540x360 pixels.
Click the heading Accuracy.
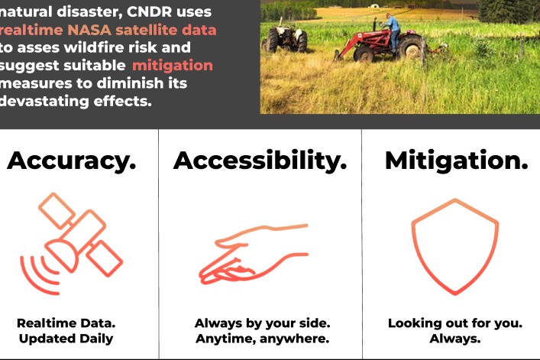click(72, 161)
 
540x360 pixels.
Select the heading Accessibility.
click(260, 161)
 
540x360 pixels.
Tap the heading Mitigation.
click(456, 161)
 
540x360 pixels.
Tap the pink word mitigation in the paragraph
click(172, 66)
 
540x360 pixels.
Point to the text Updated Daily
click(65, 339)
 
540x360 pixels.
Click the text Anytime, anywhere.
click(262, 339)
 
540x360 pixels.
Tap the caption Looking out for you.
click(454, 323)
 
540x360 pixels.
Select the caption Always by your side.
click(262, 323)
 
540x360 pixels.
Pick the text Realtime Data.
click(65, 323)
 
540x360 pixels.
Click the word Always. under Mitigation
click(454, 339)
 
